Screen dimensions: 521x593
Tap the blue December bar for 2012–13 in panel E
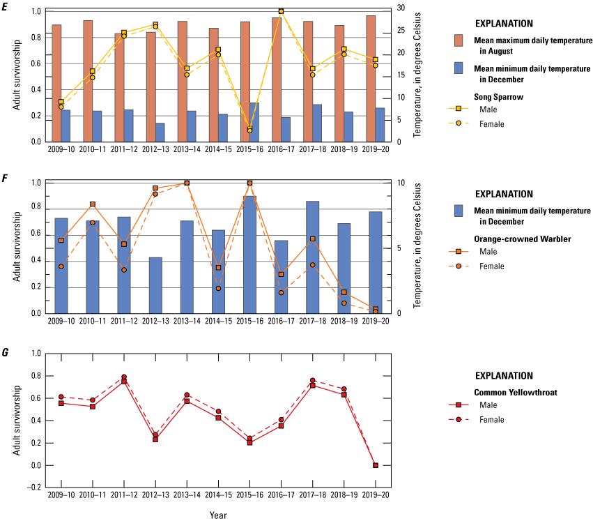[x=160, y=133]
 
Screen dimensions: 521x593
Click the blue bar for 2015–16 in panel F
[x=250, y=255]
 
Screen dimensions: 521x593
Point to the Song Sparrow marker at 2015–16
[x=250, y=130]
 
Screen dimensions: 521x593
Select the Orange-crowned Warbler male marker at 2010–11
[x=93, y=204]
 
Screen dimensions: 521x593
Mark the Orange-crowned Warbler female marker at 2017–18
[x=313, y=265]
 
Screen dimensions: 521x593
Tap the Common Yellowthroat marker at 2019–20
[x=376, y=465]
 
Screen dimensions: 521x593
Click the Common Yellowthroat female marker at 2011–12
[x=124, y=377]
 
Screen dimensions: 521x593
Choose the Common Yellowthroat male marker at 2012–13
[x=155, y=439]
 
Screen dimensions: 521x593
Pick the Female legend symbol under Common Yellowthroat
[x=458, y=419]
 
